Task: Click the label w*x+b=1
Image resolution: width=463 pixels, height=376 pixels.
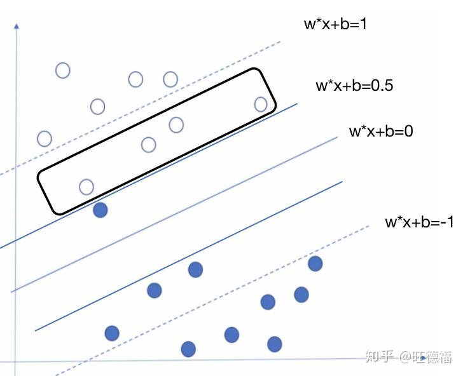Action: (x=336, y=25)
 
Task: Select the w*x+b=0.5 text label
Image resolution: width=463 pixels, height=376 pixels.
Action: (x=354, y=86)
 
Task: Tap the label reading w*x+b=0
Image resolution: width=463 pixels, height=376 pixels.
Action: (x=381, y=132)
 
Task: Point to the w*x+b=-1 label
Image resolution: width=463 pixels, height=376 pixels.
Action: (x=418, y=222)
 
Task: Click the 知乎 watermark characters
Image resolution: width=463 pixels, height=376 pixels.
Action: (x=380, y=356)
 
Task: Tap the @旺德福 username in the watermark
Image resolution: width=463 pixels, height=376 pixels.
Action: (x=425, y=356)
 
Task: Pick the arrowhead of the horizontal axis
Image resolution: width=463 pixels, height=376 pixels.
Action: (x=457, y=359)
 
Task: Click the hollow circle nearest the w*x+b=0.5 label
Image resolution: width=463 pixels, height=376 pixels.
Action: (x=261, y=104)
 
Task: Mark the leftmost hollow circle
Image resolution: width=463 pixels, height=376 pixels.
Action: (x=45, y=138)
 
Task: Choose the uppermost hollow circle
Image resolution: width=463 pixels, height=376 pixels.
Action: (x=62, y=70)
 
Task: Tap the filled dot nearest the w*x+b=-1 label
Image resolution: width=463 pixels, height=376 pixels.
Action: (x=315, y=263)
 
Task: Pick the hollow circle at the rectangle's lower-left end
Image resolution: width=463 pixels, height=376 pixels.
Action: (x=86, y=187)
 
